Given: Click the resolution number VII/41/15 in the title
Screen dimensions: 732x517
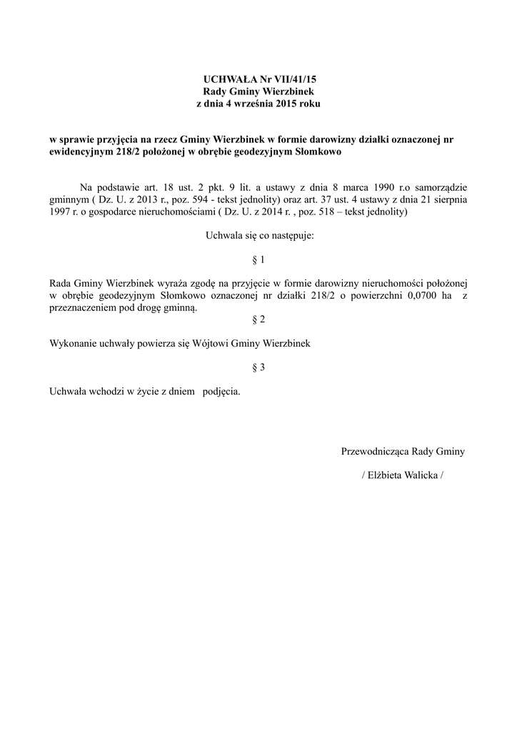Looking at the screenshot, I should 288,80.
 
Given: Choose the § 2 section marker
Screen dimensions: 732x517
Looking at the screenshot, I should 258,319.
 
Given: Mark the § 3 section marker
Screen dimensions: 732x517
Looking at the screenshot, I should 258,367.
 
